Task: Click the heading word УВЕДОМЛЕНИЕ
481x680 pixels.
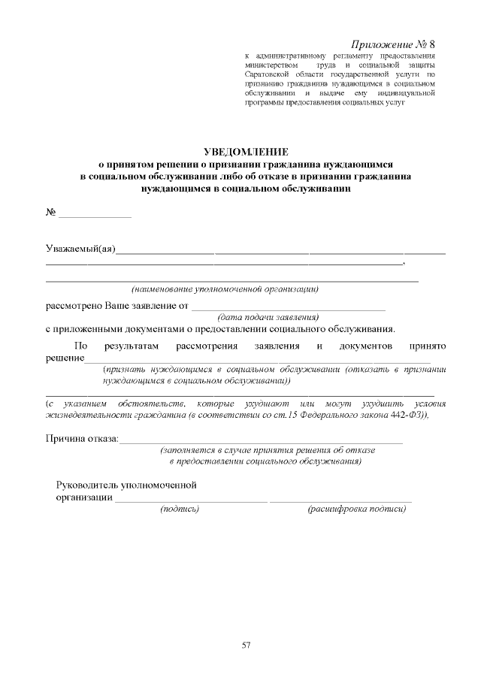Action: pos(240,152)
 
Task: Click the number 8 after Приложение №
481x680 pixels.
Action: pos(431,44)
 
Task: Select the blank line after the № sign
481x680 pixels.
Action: pos(95,215)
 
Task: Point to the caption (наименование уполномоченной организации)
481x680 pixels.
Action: pos(225,289)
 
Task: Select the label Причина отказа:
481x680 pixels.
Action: pos(82,438)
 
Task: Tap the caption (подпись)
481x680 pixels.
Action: pos(180,509)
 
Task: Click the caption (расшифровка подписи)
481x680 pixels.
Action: pos(357,509)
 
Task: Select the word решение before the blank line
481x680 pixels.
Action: pos(65,358)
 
